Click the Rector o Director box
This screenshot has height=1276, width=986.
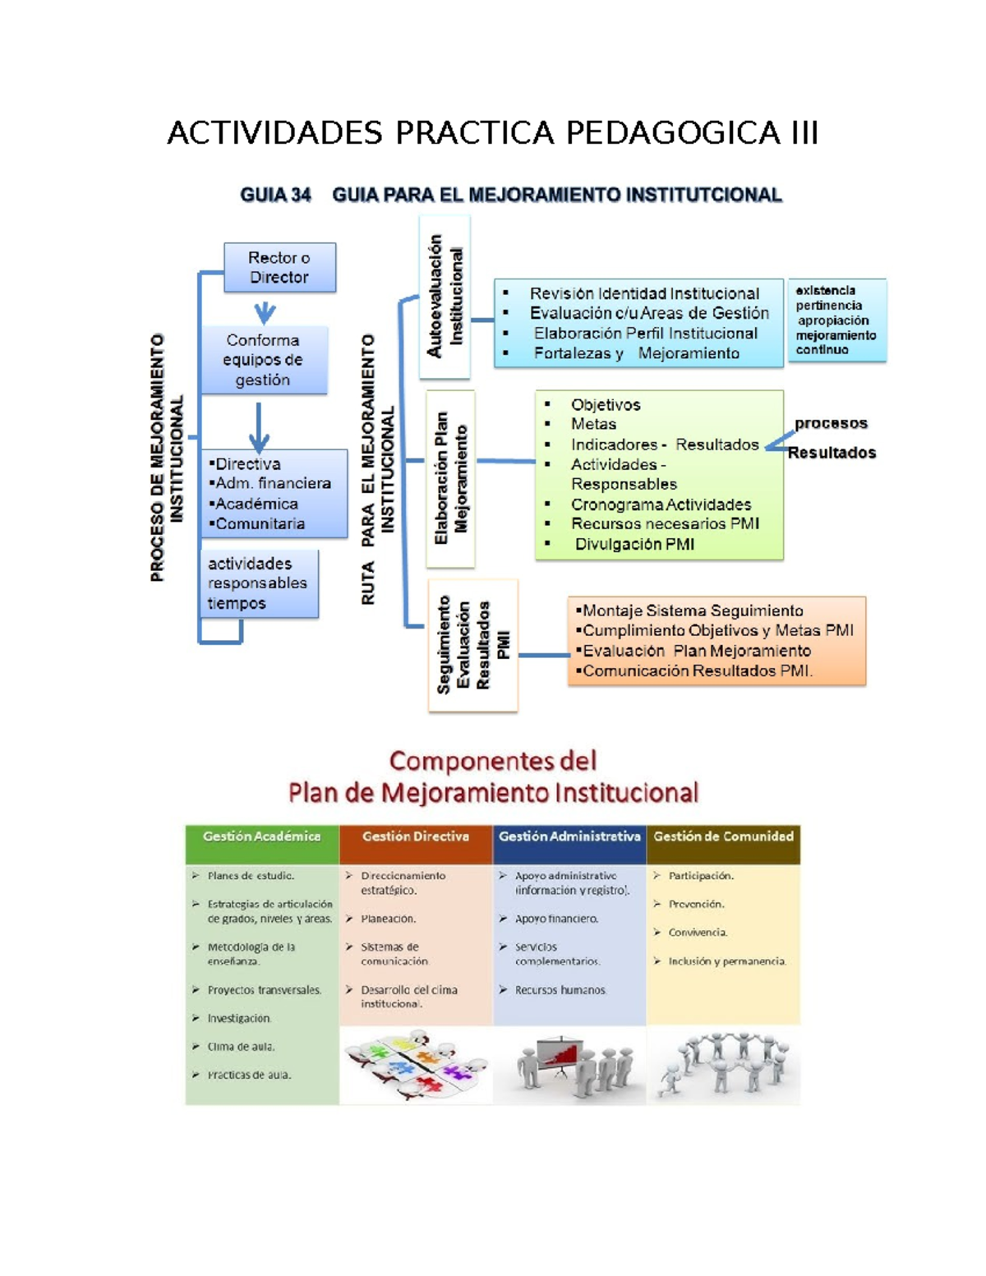coord(279,268)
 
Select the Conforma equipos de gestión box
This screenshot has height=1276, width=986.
coord(263,360)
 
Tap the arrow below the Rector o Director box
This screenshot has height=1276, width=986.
coord(265,312)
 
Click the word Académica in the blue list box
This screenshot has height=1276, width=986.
coord(256,504)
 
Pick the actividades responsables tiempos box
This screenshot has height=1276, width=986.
coord(258,583)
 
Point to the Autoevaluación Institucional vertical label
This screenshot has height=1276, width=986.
coord(445,297)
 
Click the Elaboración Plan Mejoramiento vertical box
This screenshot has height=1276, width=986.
coord(450,478)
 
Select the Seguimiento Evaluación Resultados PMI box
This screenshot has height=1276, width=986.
coord(472,645)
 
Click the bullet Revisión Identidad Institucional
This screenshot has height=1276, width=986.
coord(643,293)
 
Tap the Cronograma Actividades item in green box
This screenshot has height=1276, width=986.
coord(661,504)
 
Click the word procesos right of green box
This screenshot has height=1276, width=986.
coord(831,423)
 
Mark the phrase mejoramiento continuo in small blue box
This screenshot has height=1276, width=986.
coord(835,343)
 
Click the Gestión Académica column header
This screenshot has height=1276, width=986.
coord(261,837)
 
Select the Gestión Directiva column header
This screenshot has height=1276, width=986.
coord(416,837)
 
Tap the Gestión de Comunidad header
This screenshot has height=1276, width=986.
coord(723,837)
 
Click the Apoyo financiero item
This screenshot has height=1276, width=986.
coord(556,919)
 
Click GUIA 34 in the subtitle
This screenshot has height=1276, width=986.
coord(275,195)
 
